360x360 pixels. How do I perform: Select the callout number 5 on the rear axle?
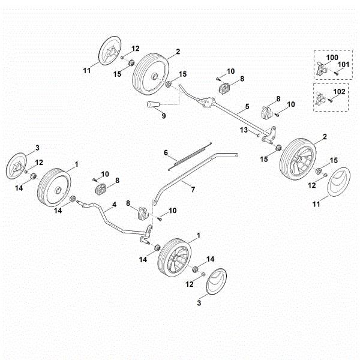[x=246, y=112]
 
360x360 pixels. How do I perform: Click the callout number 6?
[x=166, y=153]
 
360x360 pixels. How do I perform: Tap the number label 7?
[x=193, y=190]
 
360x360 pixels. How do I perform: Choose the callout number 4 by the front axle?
[x=114, y=205]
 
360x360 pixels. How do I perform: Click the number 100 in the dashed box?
[x=332, y=57]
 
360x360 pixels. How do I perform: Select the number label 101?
[x=343, y=64]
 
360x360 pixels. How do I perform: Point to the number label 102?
[x=339, y=92]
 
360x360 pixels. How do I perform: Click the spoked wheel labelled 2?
[x=299, y=159]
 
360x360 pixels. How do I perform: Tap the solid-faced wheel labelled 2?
[x=149, y=73]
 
